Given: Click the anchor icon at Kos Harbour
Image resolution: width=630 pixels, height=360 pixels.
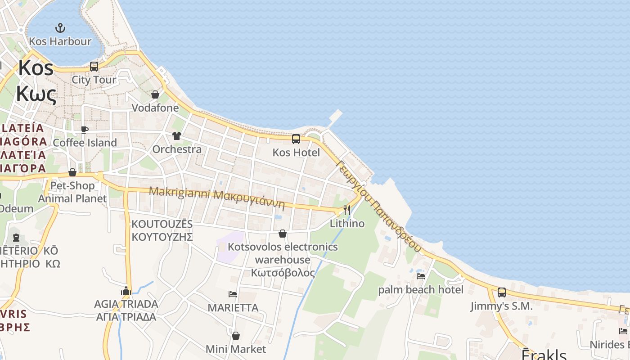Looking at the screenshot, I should [60, 28].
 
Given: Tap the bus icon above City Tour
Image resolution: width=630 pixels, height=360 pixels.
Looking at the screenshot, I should [94, 67].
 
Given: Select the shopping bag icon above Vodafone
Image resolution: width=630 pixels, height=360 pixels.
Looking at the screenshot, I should [155, 94].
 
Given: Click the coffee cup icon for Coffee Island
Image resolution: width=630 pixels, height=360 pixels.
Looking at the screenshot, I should [84, 130].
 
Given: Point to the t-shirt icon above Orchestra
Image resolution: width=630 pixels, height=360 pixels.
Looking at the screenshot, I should [176, 136].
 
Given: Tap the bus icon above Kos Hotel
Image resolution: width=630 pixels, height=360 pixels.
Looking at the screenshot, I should [296, 139].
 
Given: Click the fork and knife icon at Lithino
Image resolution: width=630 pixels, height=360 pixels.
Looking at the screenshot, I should [347, 210].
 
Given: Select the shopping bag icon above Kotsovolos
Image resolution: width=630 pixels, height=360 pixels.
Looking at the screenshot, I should [283, 234].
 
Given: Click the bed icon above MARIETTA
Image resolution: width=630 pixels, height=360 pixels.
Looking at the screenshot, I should [233, 294].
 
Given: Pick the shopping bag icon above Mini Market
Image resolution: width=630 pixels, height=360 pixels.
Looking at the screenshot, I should [236, 336].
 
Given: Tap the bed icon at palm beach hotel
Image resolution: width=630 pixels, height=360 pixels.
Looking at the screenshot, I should [421, 276].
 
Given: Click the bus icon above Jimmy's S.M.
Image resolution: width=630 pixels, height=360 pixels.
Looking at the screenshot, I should [502, 292].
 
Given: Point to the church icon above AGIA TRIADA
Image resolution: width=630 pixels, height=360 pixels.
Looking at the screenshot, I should [126, 291].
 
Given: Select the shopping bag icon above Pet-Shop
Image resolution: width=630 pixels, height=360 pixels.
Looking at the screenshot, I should [72, 172].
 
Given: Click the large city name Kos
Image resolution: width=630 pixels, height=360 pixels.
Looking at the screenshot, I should [36, 68].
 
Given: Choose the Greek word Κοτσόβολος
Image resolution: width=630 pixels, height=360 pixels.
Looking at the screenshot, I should [283, 273].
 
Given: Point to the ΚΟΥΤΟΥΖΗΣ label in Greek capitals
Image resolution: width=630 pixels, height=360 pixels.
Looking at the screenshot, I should [162, 237].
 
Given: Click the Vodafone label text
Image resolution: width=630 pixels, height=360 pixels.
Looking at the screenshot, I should [155, 108].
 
